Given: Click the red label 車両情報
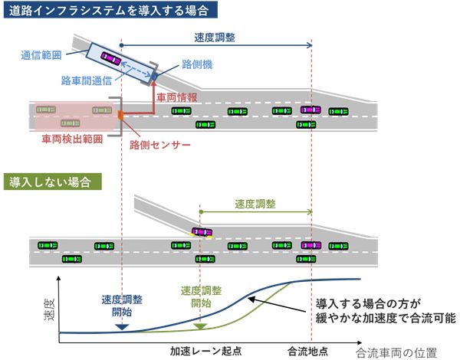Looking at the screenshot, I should pos(178,98).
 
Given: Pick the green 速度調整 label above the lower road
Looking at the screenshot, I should pos(256,205).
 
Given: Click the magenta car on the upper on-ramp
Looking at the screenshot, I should pos(110,57).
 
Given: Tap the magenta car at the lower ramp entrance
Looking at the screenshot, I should pos(202,231).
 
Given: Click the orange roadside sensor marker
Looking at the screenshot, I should pos(120,115).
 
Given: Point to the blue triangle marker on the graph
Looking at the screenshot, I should pos(121,327).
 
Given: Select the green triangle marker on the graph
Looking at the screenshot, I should pos(199,327).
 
